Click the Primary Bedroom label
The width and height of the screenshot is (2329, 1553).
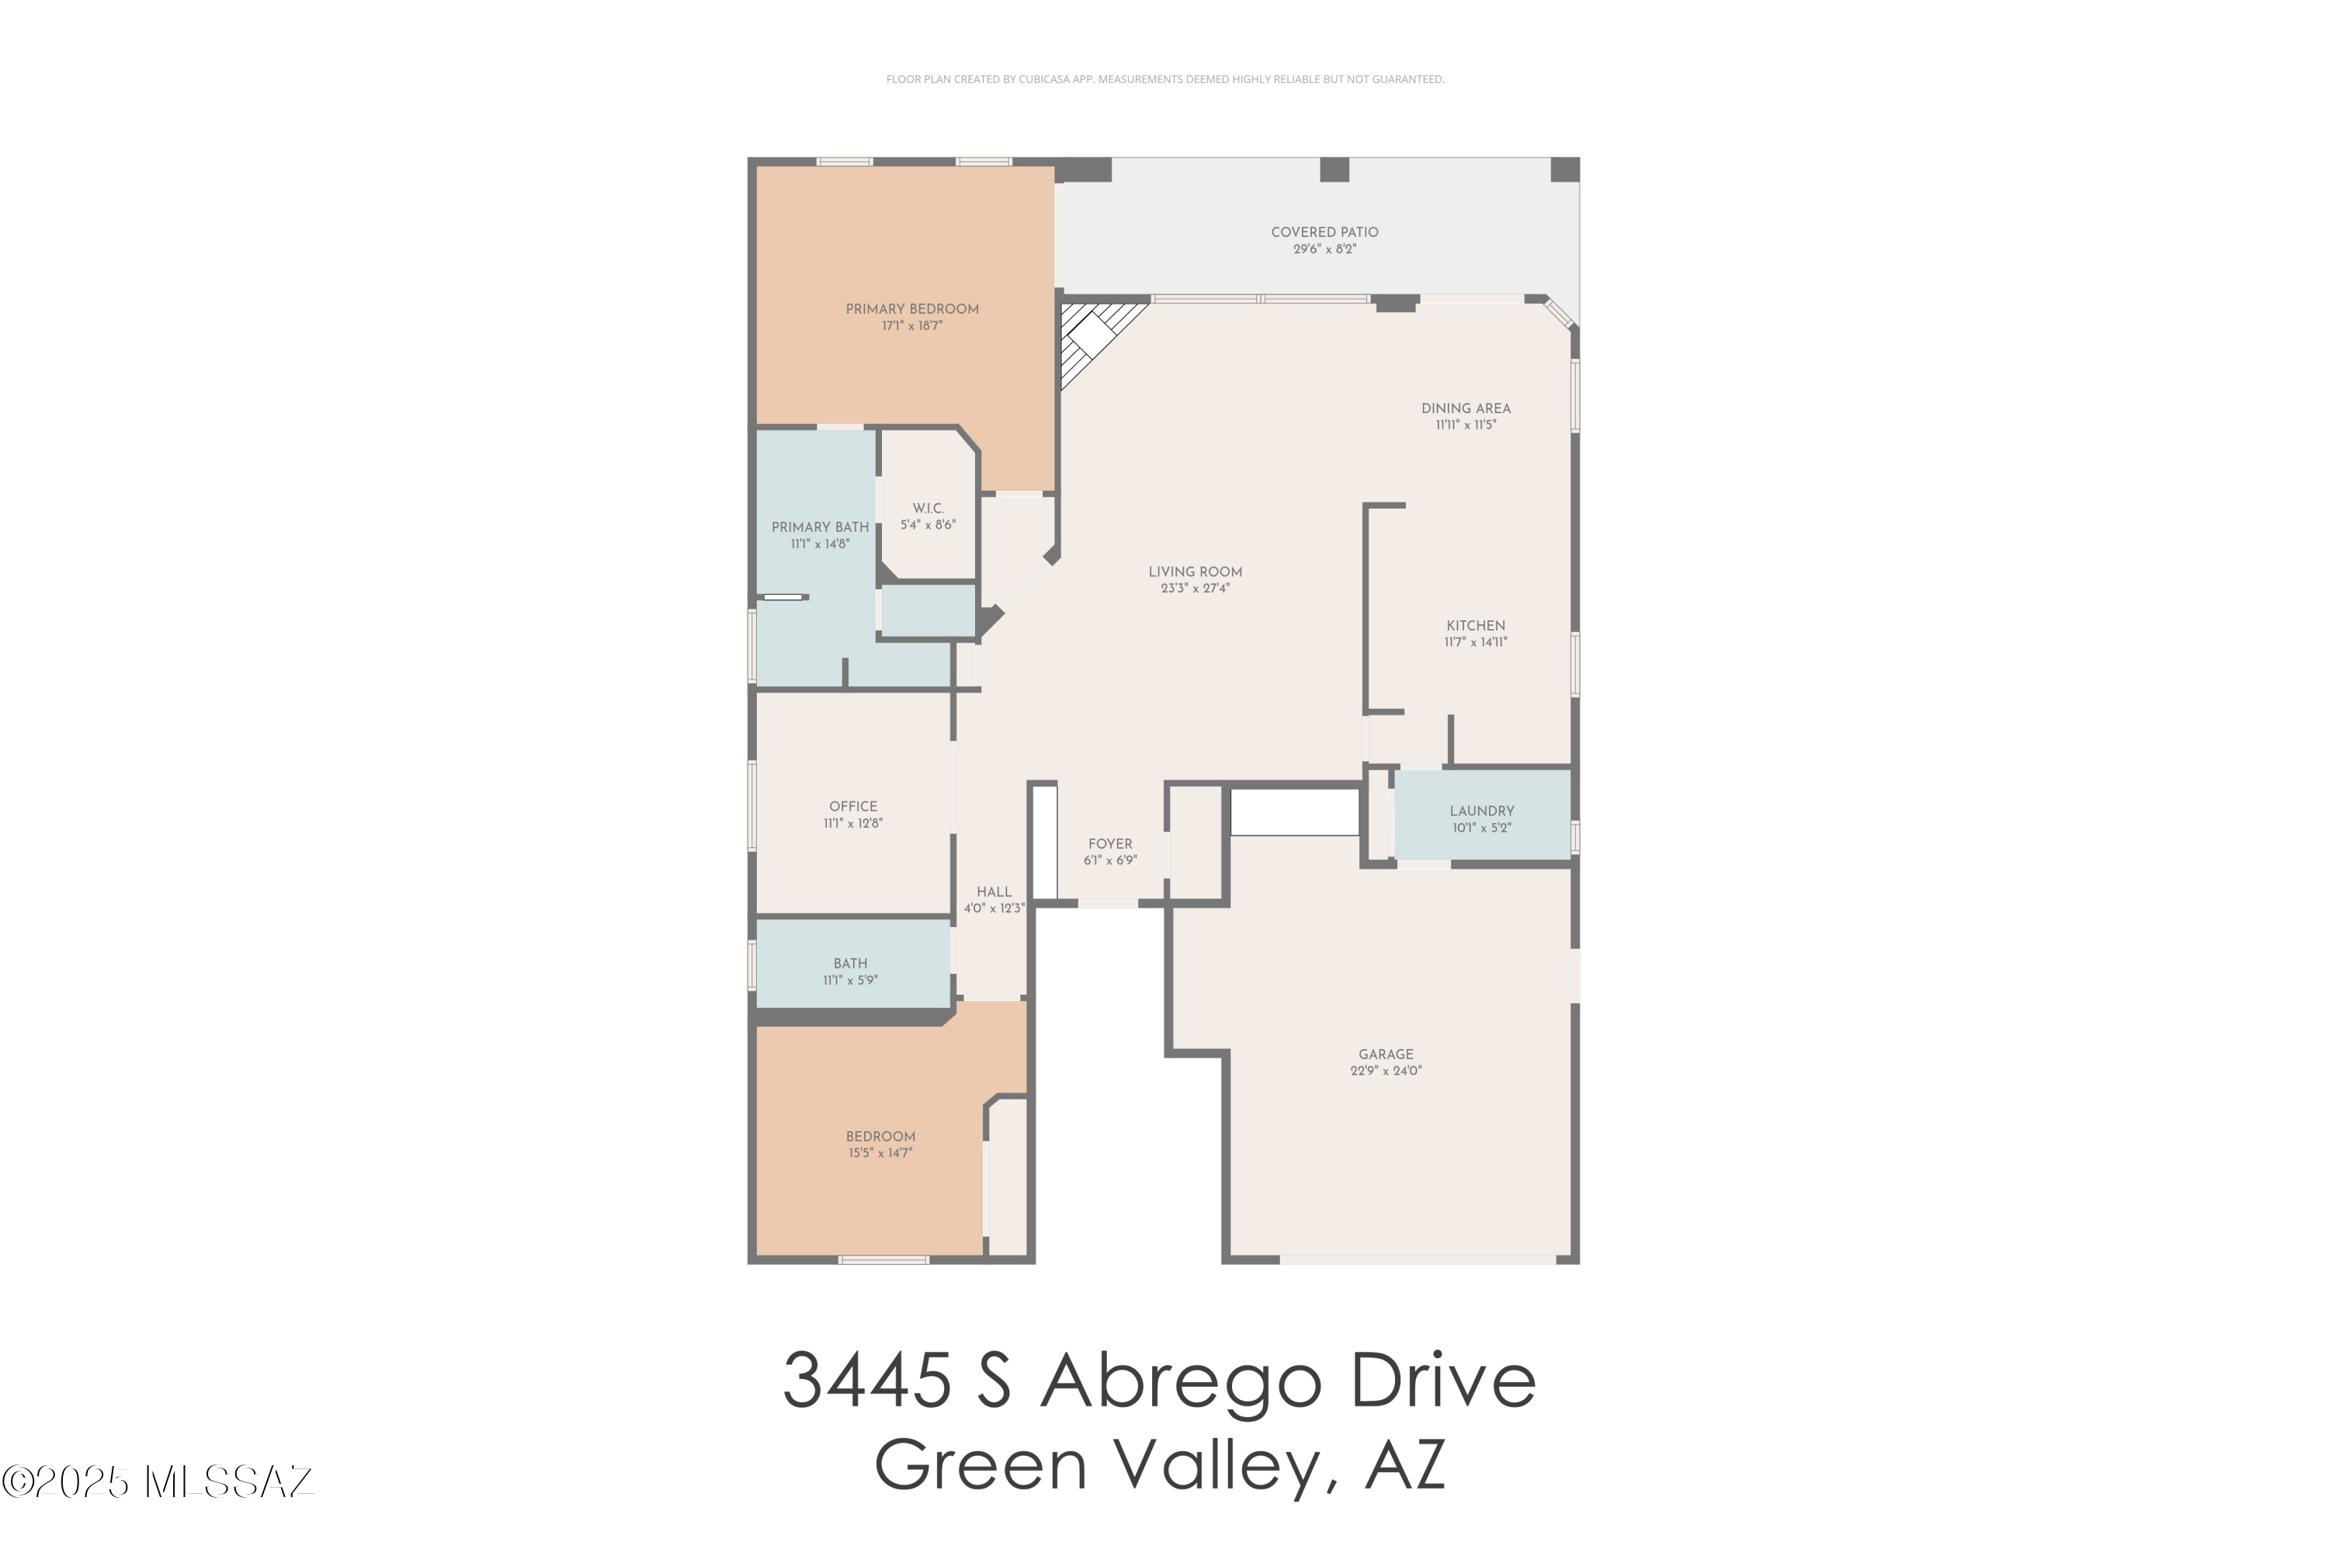pyautogui.click(x=912, y=309)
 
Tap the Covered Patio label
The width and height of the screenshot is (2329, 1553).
pyautogui.click(x=1325, y=231)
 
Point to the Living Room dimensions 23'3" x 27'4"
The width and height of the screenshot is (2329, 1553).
pyautogui.click(x=1196, y=589)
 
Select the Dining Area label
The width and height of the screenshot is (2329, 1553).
pyautogui.click(x=1466, y=408)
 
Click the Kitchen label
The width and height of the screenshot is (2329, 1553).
pyautogui.click(x=1476, y=626)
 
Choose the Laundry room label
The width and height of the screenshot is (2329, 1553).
pyautogui.click(x=1482, y=811)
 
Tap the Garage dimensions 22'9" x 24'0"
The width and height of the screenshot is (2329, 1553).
pyautogui.click(x=1387, y=1071)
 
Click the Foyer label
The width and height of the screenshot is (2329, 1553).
pyautogui.click(x=1110, y=844)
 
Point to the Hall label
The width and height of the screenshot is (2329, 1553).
pyautogui.click(x=994, y=891)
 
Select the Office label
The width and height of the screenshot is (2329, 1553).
pyautogui.click(x=853, y=806)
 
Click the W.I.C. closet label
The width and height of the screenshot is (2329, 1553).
pyautogui.click(x=928, y=508)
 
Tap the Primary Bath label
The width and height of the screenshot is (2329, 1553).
pyautogui.click(x=820, y=527)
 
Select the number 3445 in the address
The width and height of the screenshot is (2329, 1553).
pyautogui.click(x=867, y=1379)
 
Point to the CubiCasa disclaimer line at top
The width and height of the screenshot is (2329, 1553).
pyautogui.click(x=1164, y=79)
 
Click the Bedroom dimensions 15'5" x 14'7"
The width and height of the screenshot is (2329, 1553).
pyautogui.click(x=880, y=1153)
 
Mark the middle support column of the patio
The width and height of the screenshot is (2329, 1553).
pyautogui.click(x=1334, y=169)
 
